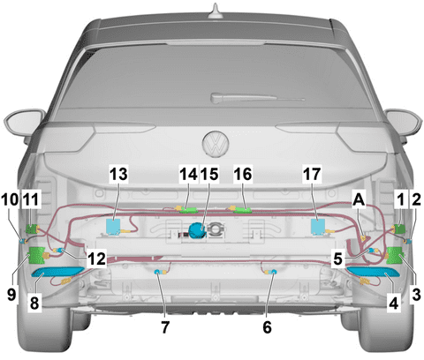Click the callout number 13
[x=119, y=175]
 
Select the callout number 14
[x=187, y=175]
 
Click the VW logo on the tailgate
[x=213, y=143]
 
